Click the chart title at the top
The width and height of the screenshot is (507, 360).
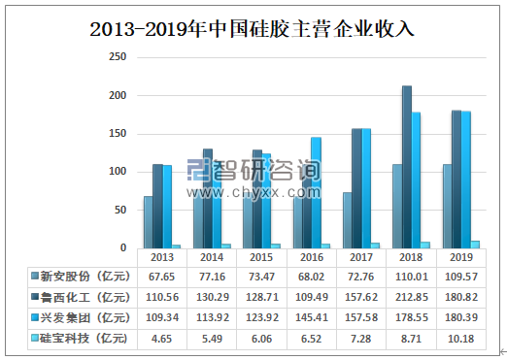[x=253, y=28]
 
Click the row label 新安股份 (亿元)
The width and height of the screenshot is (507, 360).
[x=80, y=276]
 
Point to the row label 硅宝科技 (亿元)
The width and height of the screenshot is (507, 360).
[x=80, y=337]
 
